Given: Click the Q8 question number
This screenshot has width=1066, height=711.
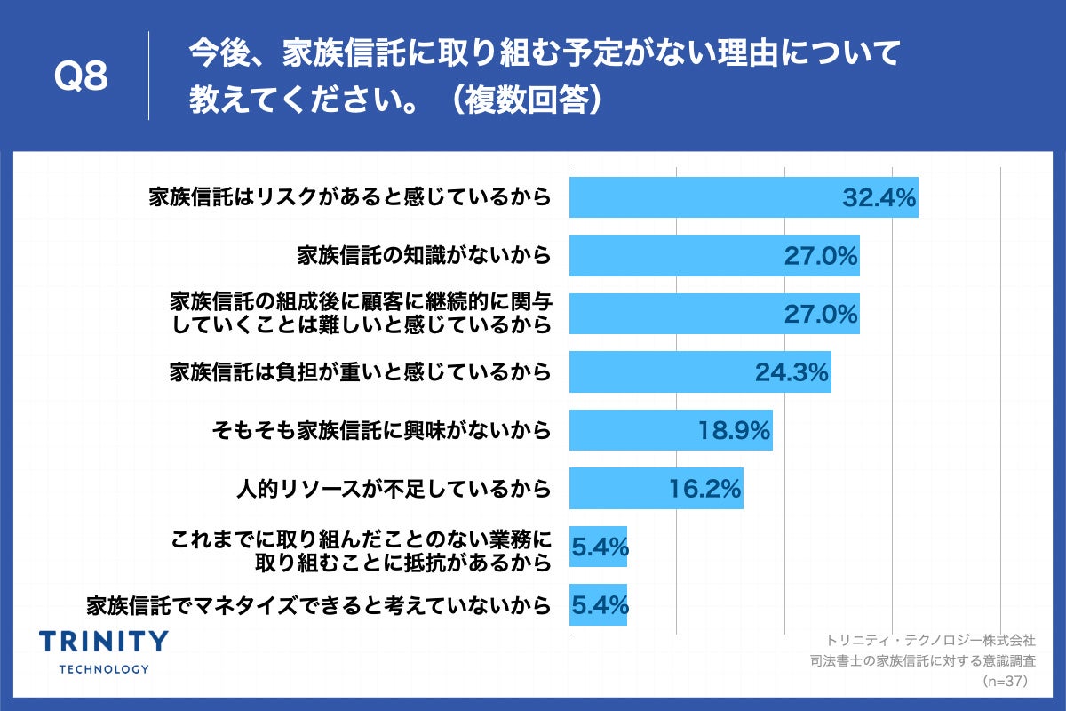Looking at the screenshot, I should pos(81,77).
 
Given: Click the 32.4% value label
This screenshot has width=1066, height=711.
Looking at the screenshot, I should pos(879,198).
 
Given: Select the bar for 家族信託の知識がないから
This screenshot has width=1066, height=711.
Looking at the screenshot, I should pos(713,256).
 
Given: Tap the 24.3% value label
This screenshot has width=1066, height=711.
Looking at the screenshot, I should pos(792,372).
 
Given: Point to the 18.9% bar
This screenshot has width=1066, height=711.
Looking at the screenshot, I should pos(670,430).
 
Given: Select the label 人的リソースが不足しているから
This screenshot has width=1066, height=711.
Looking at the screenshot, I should pos(394,489).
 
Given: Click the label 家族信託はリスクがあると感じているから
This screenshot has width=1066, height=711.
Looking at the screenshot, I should pos(350,198).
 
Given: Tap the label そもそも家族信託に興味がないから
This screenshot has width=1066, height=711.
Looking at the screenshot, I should pos(381,431).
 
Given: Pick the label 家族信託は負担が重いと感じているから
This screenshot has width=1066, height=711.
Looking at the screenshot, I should pos(360,372).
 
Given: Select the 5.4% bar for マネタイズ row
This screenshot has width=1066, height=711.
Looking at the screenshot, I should pos(598,605).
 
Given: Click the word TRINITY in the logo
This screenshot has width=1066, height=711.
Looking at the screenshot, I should pos(104,642).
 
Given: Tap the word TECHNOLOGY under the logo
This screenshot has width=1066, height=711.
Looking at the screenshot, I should pos(104,668).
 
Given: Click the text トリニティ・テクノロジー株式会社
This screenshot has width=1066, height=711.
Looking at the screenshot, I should pos(930,640).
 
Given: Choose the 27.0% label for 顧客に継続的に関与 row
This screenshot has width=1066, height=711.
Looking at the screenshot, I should pos(821,314).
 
